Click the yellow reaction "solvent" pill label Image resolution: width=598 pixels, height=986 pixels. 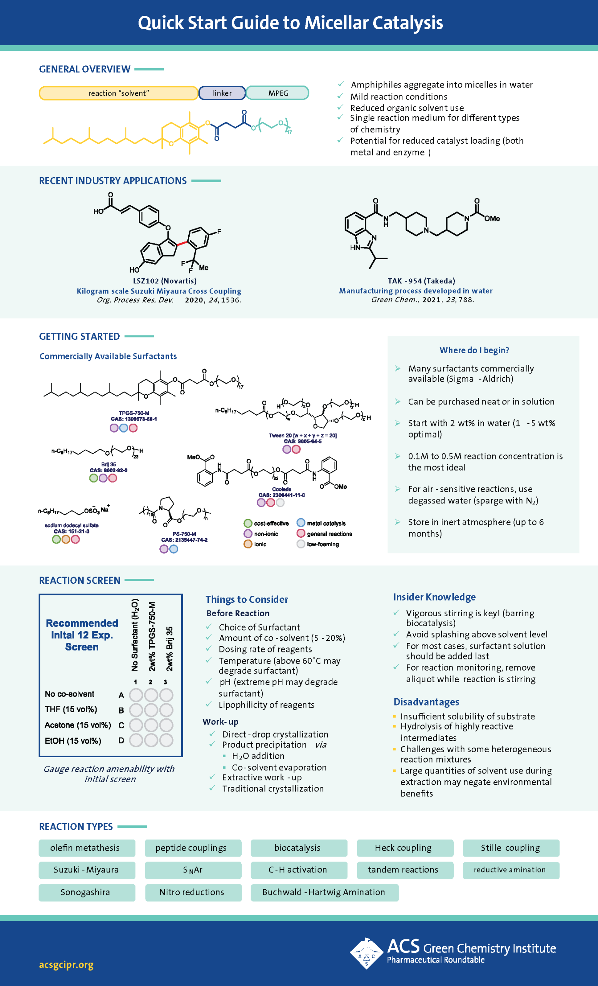[x=119, y=93]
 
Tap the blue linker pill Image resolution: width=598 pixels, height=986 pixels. [x=222, y=93]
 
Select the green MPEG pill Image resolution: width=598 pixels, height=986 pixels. [x=278, y=93]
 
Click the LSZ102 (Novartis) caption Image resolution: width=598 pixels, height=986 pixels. [x=165, y=281]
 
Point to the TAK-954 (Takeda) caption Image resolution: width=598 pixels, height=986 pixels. [x=421, y=281]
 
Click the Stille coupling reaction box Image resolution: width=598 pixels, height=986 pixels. [x=511, y=848]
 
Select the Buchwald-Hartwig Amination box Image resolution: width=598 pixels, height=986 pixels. [x=324, y=892]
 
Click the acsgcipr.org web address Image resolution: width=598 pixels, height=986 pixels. [x=66, y=965]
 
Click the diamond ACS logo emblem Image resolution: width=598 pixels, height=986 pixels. [x=367, y=954]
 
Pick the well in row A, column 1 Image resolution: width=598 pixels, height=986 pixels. [x=136, y=695]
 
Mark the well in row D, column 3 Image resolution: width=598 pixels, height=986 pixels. [x=166, y=740]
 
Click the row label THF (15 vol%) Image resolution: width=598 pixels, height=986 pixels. [x=71, y=709]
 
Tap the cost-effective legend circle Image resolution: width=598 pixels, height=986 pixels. [x=248, y=523]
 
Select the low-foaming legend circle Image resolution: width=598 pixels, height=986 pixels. [x=301, y=544]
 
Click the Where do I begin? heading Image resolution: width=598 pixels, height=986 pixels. [x=474, y=350]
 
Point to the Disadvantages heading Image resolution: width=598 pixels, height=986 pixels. [x=426, y=702]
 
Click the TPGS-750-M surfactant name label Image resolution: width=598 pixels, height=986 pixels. [x=134, y=413]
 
